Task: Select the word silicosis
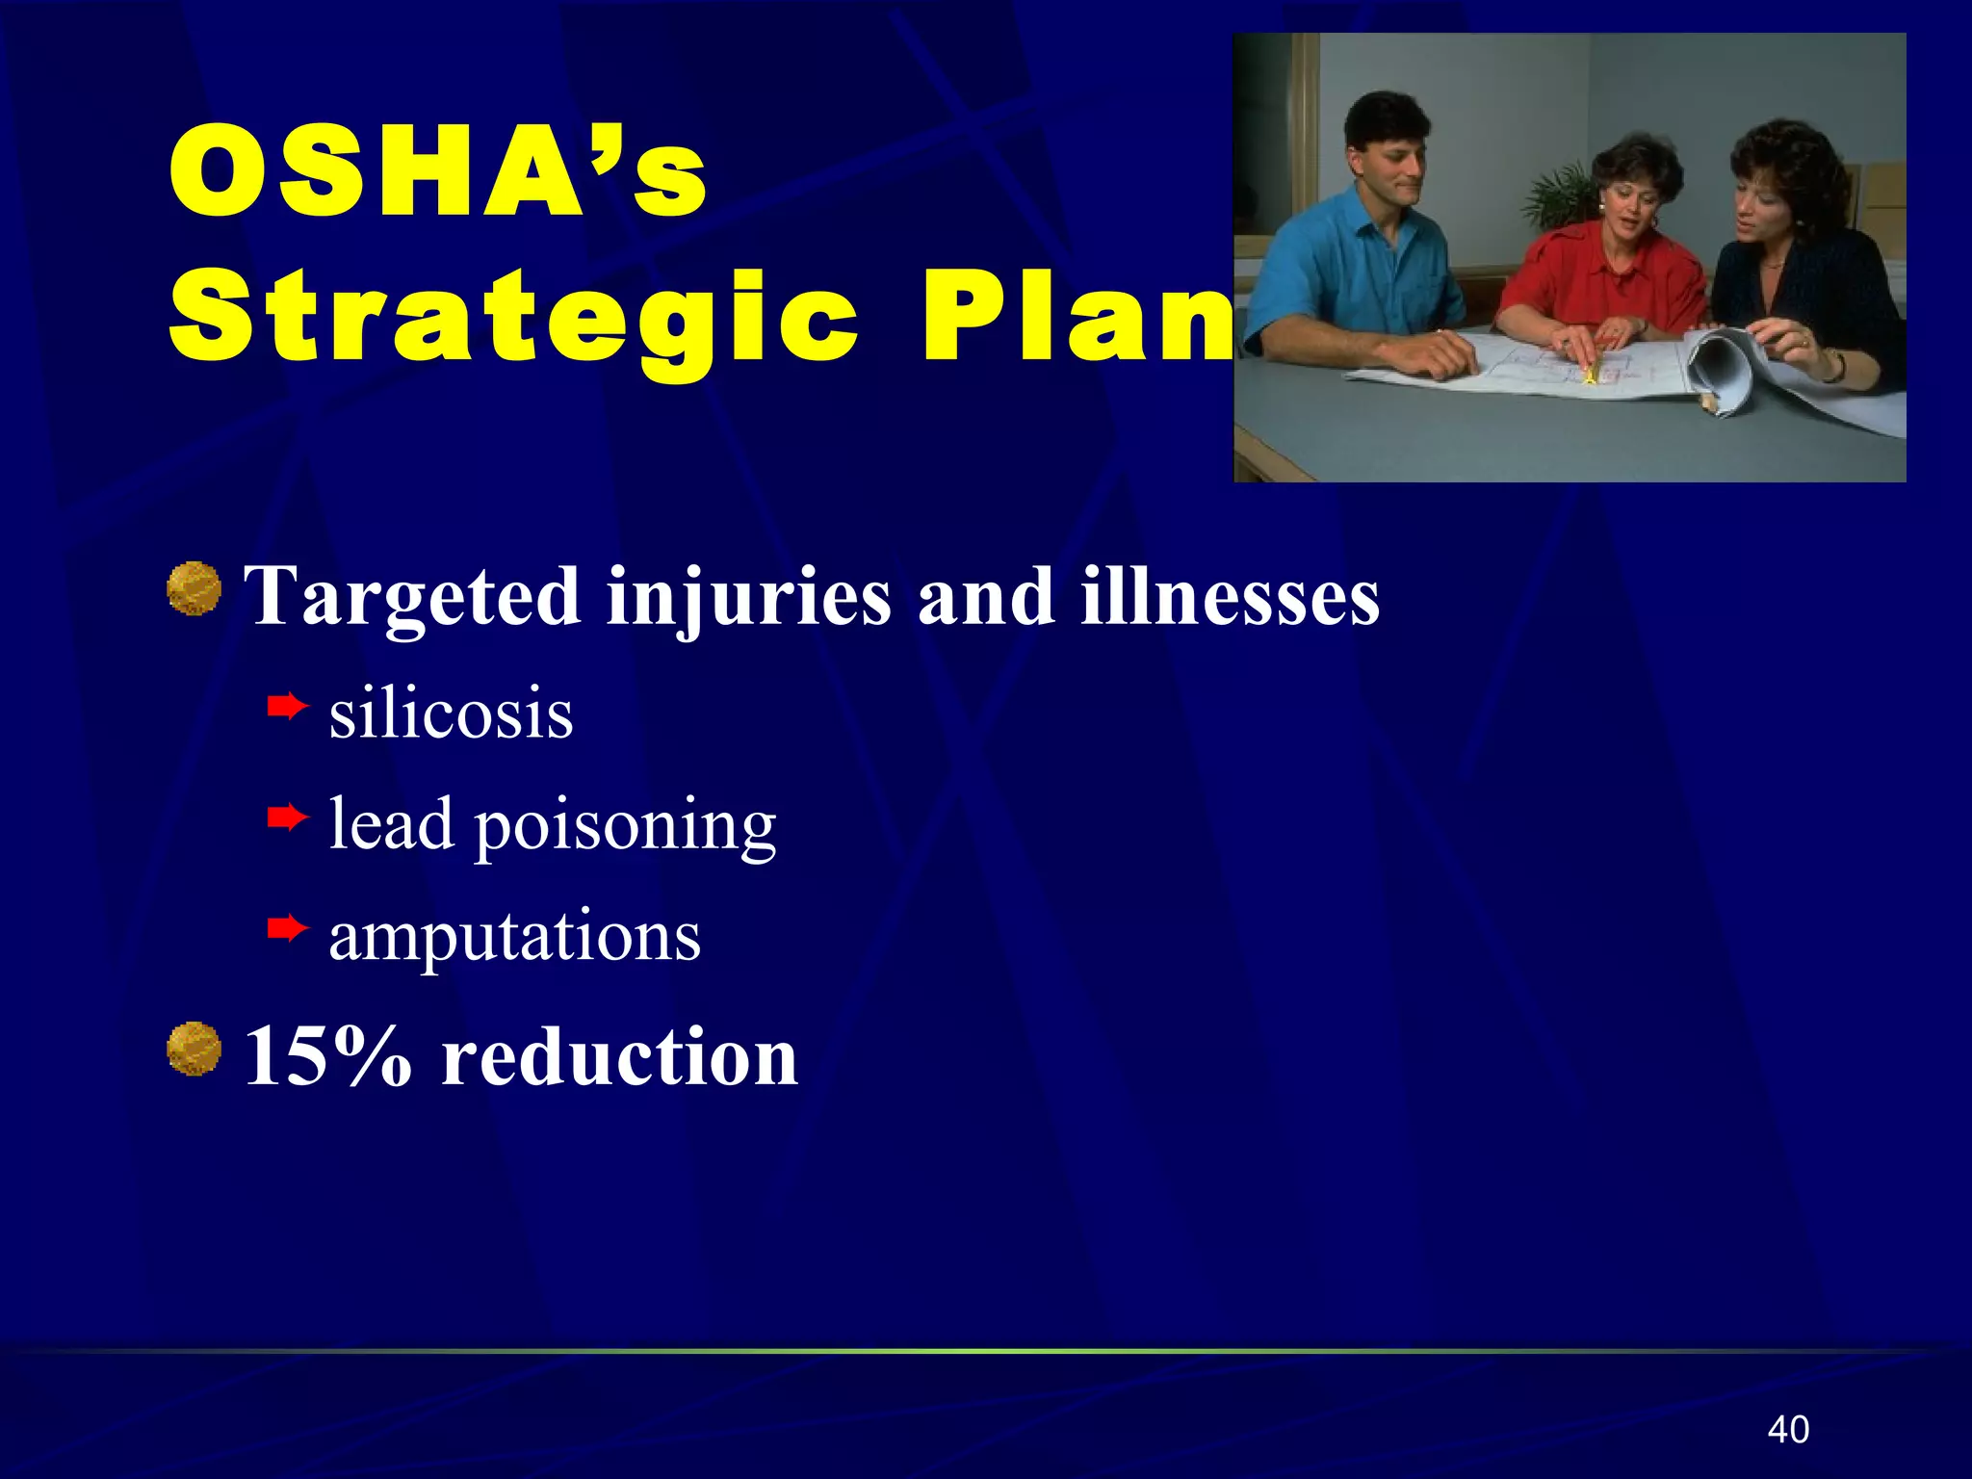pos(451,714)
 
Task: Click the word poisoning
pos(625,827)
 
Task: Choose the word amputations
pos(514,936)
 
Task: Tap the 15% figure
pos(328,1056)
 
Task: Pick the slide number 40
pos(1788,1430)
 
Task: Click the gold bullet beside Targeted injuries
pos(194,588)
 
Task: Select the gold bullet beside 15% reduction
pos(194,1049)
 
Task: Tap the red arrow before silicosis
pos(287,709)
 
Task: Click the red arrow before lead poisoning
pos(287,818)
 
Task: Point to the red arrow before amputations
pos(287,929)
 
